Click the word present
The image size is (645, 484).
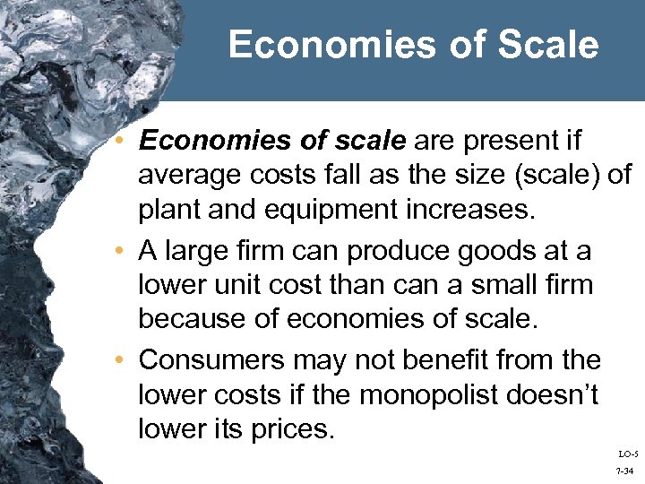[x=523, y=142]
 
